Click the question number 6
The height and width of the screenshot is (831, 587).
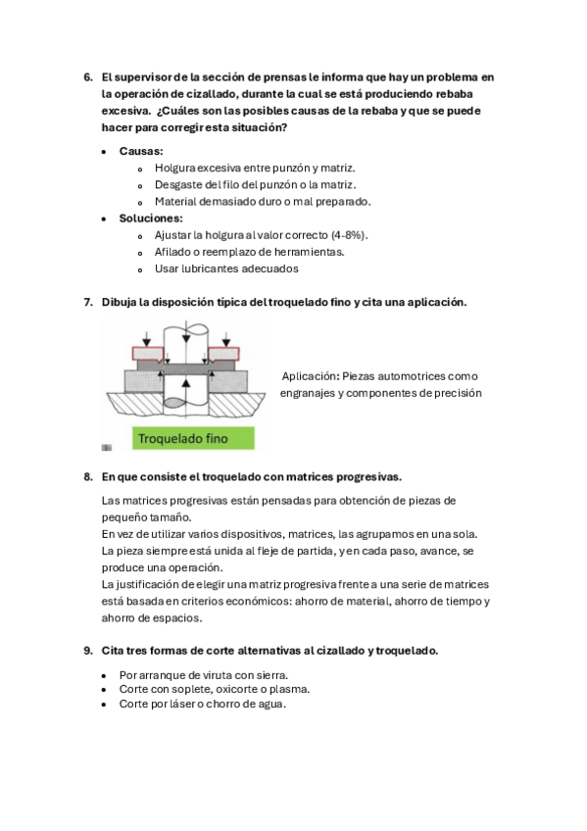[x=88, y=77]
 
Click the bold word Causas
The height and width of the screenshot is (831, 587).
[x=140, y=151]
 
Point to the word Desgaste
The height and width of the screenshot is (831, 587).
[x=177, y=185]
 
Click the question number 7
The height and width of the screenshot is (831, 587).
[x=88, y=302]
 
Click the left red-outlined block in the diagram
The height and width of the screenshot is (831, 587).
[x=147, y=354]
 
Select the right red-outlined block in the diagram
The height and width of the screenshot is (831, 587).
[x=223, y=354]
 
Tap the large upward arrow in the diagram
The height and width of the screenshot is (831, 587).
[x=185, y=390]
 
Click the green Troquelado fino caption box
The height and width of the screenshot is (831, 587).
[x=193, y=438]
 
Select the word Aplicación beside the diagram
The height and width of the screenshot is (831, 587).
[x=310, y=377]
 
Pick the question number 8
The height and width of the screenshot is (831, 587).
[x=88, y=477]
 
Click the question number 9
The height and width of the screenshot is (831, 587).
[x=88, y=651]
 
